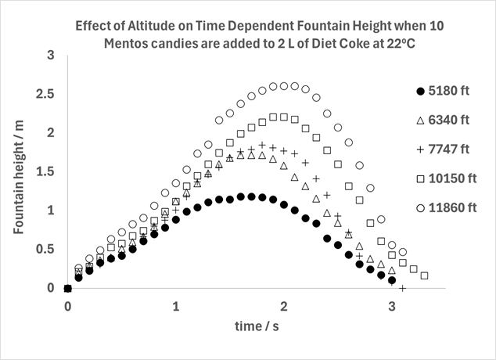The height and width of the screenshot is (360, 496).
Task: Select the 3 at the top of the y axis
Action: [50, 56]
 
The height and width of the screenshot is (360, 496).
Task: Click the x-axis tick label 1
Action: [176, 305]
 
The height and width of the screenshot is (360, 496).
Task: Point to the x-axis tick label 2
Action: [284, 305]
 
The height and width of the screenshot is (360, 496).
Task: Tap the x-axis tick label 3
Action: [392, 305]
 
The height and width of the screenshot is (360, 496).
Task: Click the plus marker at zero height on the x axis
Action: [402, 288]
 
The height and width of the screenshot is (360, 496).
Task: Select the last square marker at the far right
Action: [424, 275]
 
